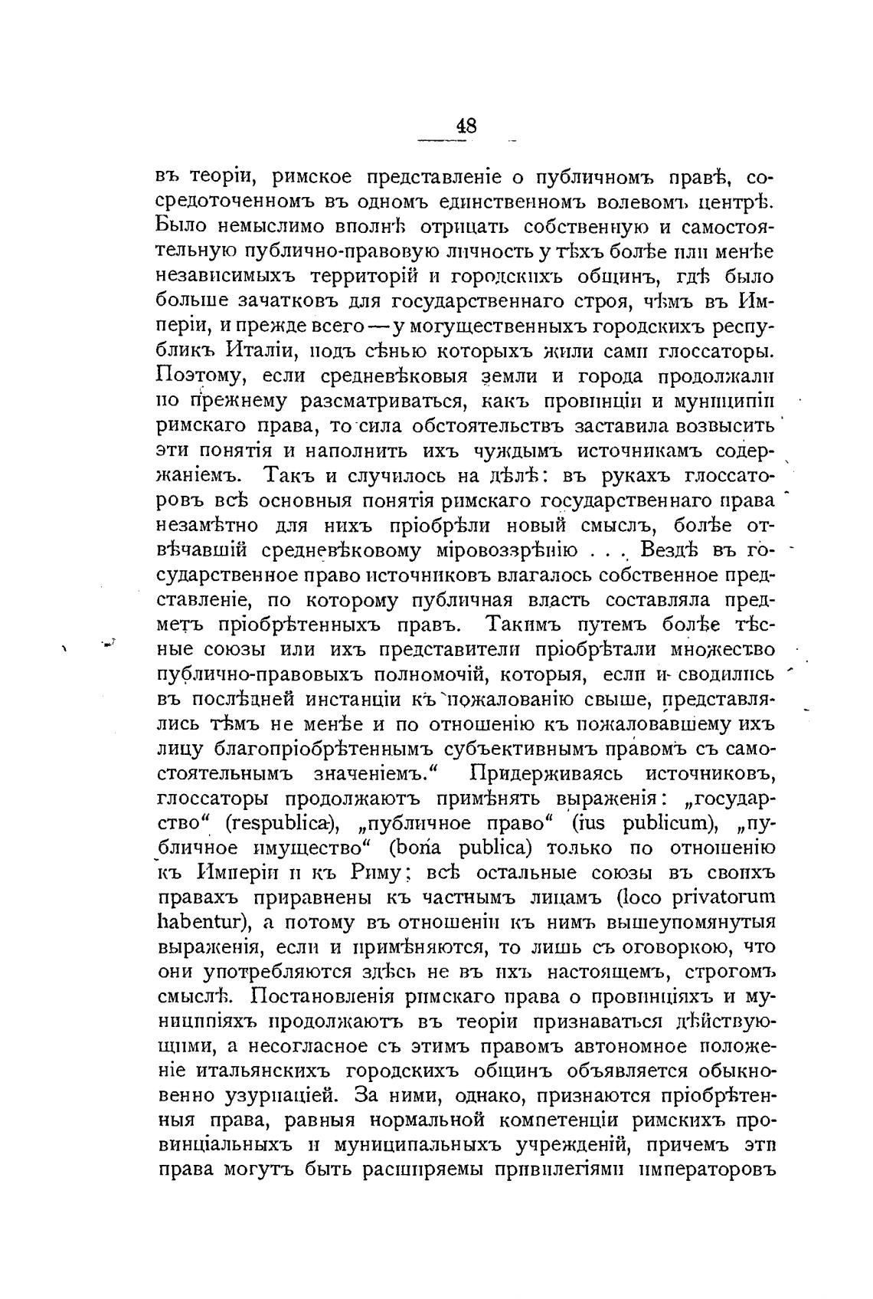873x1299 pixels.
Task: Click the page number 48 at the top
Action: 466,125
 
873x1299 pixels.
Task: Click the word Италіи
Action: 262,352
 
